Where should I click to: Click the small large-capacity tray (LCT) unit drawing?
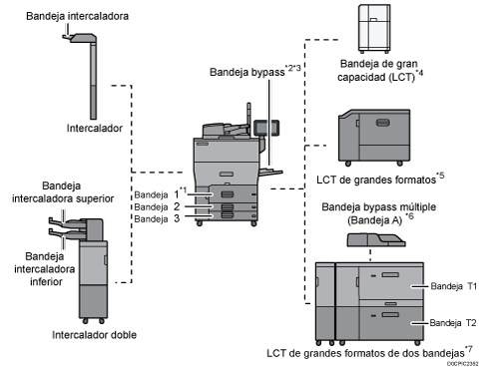point(377,27)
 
